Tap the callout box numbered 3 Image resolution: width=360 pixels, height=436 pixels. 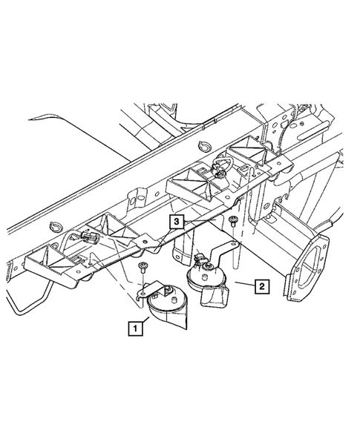[x=176, y=221]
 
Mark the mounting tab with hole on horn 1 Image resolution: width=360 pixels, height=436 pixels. [x=145, y=291]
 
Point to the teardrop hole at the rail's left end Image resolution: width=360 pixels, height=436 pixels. [x=53, y=226]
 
